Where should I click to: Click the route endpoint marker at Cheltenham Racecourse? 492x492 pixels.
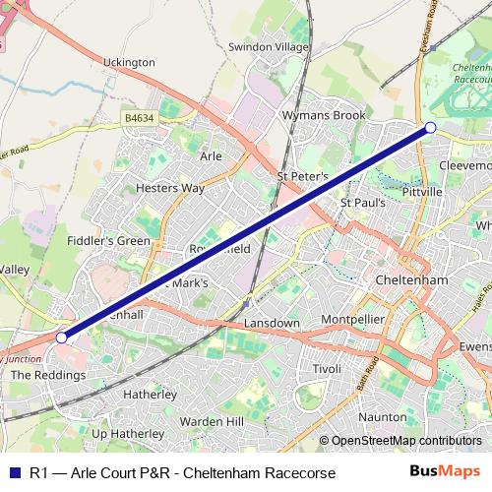[430, 127]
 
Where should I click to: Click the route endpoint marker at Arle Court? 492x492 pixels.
[62, 338]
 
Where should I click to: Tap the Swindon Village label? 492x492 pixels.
[268, 46]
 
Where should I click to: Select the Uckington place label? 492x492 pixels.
[129, 62]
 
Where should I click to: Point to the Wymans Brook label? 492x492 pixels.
[310, 115]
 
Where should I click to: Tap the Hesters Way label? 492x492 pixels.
[170, 187]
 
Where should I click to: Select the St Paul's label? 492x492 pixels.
[359, 203]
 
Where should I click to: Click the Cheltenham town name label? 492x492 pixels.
[412, 280]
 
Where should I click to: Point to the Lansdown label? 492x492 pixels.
[272, 323]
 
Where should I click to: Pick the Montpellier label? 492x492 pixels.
[352, 321]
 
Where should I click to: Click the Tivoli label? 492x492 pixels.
[326, 368]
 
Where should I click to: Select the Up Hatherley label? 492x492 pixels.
[127, 433]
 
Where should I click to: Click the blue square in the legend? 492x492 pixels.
[14, 472]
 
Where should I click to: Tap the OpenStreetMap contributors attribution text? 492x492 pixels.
[405, 441]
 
